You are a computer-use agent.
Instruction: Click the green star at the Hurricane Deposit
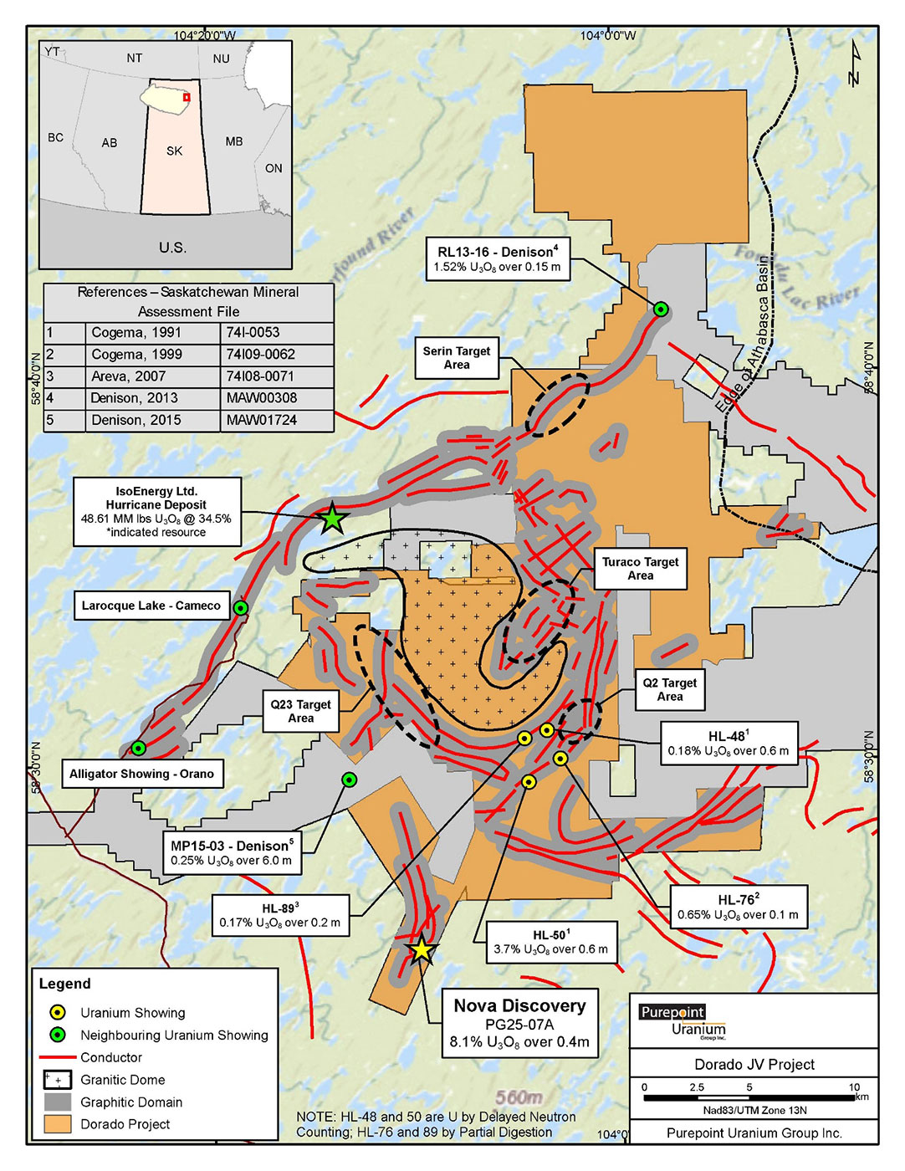click(332, 519)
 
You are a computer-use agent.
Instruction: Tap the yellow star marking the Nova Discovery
click(422, 950)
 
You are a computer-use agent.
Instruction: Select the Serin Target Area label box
click(457, 358)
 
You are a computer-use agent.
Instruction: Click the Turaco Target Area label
click(640, 569)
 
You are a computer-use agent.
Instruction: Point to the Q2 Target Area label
click(669, 689)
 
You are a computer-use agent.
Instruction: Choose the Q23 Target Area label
click(301, 711)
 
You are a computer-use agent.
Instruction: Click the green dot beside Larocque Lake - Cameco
click(241, 607)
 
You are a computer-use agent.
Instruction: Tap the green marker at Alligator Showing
click(139, 748)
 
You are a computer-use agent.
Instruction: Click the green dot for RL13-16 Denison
click(661, 309)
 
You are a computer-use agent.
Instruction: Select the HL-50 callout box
click(551, 943)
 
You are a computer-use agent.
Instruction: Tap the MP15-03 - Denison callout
click(232, 853)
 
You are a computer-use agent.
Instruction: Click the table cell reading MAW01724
click(262, 420)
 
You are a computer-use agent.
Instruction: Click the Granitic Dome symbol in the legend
click(58, 1080)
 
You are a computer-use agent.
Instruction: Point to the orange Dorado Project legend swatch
click(58, 1124)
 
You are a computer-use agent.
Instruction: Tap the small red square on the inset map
click(187, 97)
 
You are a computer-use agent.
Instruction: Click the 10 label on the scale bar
click(853, 1087)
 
